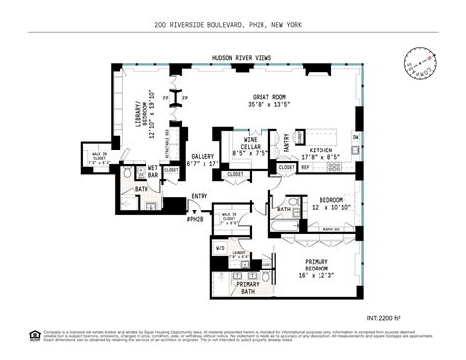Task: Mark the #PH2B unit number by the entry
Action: [195, 218]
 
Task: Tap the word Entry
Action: [200, 197]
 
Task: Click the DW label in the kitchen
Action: [355, 137]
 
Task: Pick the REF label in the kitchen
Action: [305, 167]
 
